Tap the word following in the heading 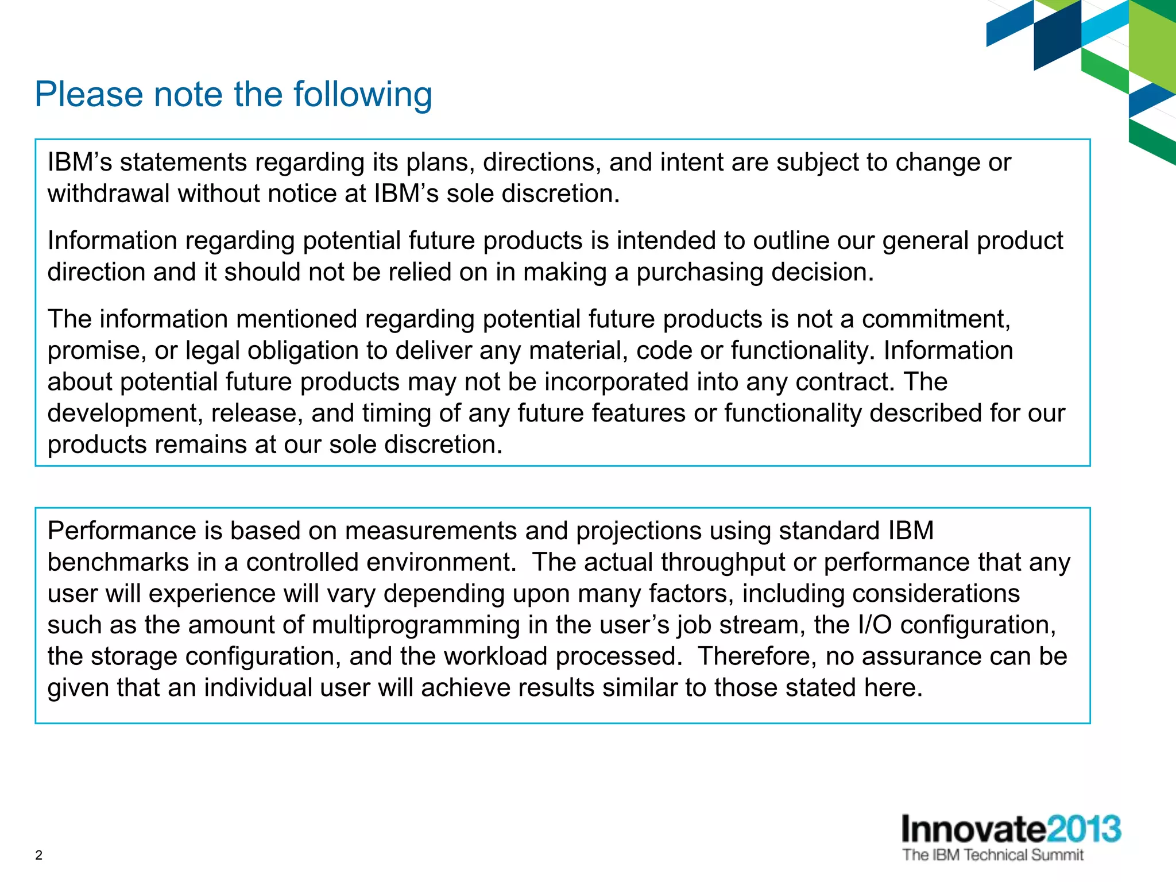362,95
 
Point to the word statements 183,163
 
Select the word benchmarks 118,563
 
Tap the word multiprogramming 416,625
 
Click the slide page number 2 38,856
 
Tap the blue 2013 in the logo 1084,829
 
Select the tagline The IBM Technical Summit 993,855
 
